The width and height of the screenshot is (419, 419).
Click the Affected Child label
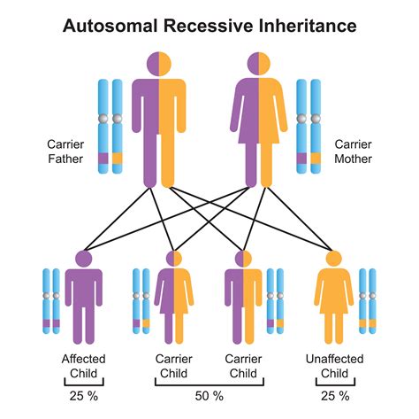coord(84,365)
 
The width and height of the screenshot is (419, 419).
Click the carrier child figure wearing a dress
coord(174,301)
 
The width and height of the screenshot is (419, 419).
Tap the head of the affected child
coord(84,259)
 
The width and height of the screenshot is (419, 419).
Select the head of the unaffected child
coord(334,259)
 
